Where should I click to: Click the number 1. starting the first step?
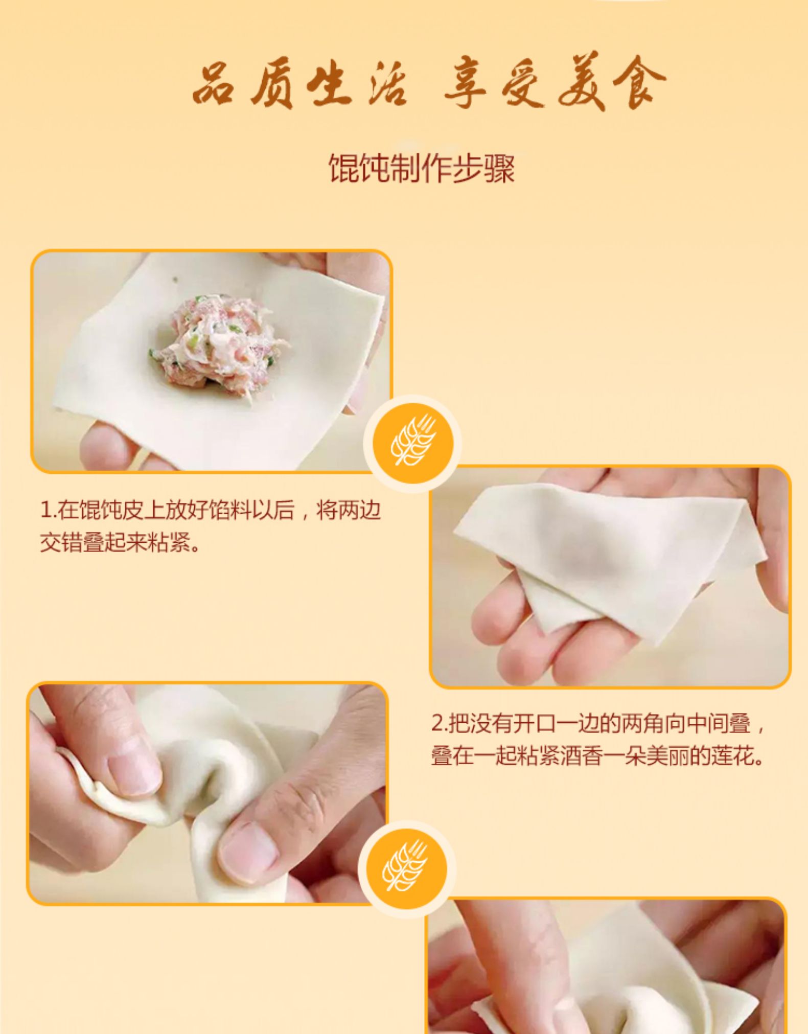(x=48, y=510)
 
